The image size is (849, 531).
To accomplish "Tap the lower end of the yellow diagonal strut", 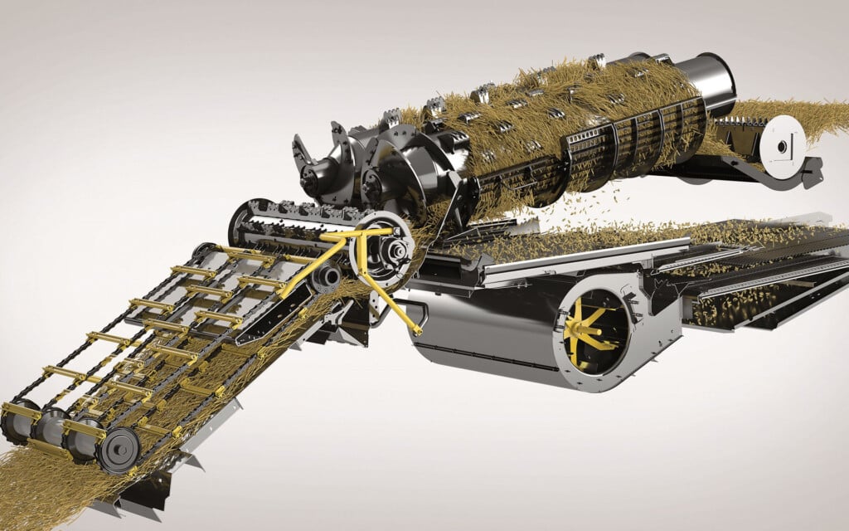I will pyautogui.click(x=414, y=330).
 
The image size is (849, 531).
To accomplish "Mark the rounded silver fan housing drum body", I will pyautogui.click(x=481, y=332).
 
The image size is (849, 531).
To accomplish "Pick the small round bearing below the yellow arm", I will pyautogui.click(x=328, y=275).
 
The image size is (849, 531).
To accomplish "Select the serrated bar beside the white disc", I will pyautogui.click(x=738, y=133).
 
